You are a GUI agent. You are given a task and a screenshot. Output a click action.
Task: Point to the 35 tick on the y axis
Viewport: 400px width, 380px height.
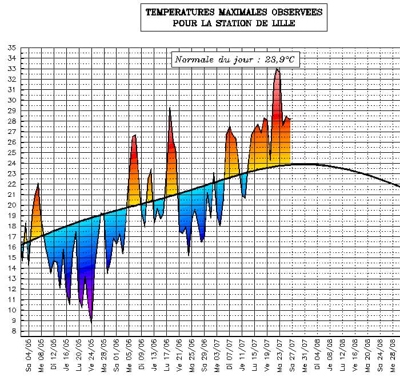tap(12, 48)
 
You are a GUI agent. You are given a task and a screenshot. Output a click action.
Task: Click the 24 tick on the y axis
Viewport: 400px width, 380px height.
tap(12, 163)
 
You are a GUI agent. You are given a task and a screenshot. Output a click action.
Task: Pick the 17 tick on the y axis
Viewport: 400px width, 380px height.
tap(12, 236)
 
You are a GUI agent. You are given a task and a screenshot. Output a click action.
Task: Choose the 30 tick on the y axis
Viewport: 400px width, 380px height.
tap(12, 100)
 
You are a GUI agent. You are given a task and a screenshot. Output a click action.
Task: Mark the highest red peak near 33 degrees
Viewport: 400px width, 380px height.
tap(277, 69)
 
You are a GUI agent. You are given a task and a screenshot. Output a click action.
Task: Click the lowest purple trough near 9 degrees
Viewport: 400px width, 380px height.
tap(91, 322)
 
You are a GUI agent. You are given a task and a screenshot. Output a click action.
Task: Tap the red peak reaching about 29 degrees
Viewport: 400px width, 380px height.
tap(170, 109)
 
